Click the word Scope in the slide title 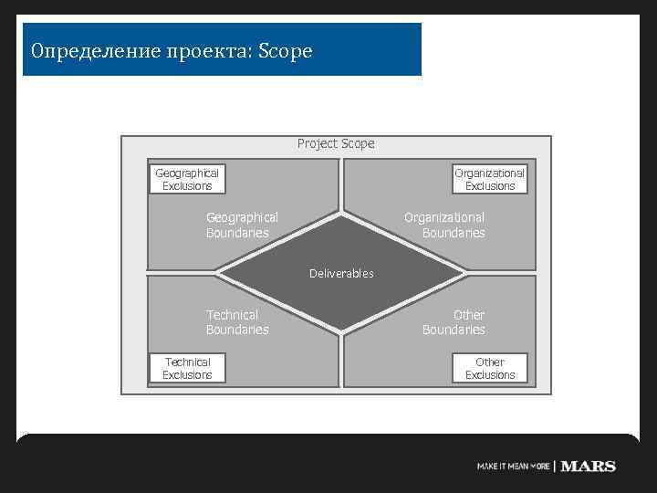[x=286, y=51]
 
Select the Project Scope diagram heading [x=336, y=143]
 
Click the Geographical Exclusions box [x=187, y=179]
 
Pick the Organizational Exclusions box [x=490, y=179]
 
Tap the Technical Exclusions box [x=187, y=368]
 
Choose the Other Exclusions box [x=490, y=368]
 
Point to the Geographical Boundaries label [x=242, y=225]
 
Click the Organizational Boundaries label [x=444, y=225]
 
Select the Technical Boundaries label [x=237, y=322]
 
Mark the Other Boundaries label [x=454, y=322]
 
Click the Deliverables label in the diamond [x=341, y=273]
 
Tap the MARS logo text [x=589, y=466]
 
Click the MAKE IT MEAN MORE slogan [x=513, y=467]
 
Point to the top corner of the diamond [x=341, y=216]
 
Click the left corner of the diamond [x=218, y=272]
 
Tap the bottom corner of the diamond [x=341, y=330]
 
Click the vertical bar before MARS [x=555, y=466]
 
